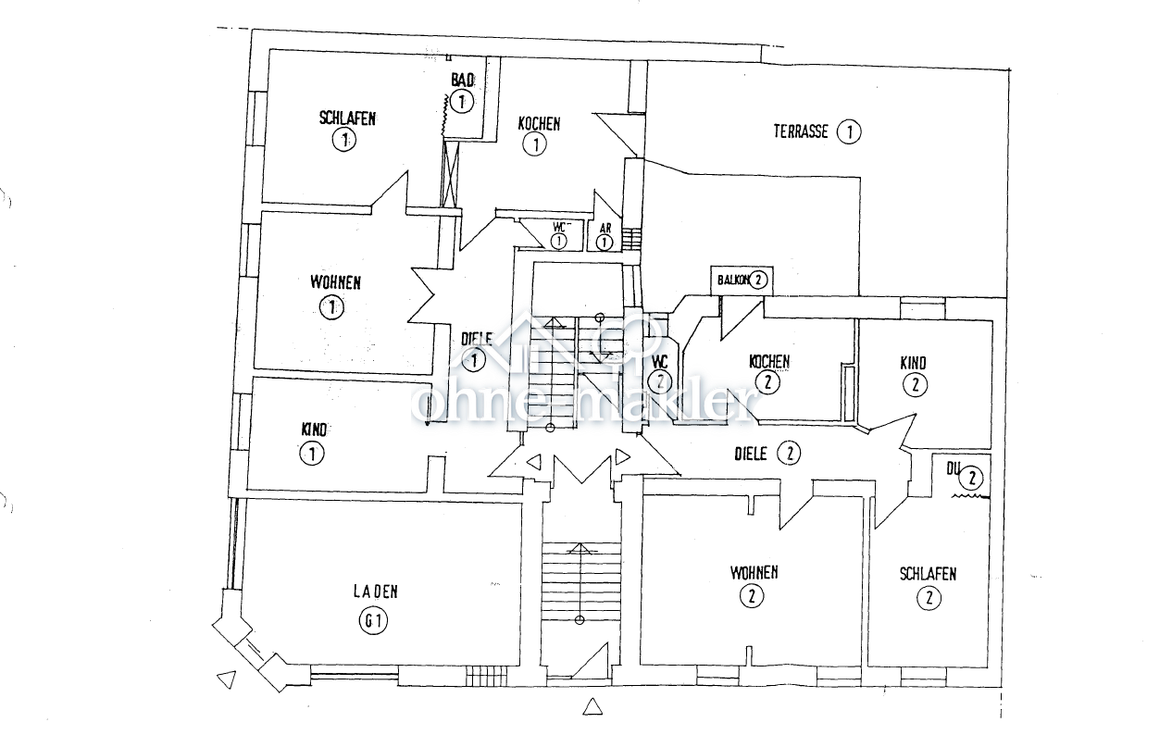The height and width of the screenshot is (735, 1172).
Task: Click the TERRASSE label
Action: pos(801,131)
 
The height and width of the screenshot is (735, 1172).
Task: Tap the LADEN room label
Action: pos(375,592)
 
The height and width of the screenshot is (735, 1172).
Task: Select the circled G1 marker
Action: pos(372,622)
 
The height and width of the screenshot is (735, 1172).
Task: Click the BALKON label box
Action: pos(740,280)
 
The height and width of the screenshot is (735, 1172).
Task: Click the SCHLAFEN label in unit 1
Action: pos(347,118)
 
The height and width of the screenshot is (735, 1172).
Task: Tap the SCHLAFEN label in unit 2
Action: pos(928,574)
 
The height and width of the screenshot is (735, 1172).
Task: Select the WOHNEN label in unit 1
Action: pos(335,282)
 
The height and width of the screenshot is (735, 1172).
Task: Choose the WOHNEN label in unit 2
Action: pos(754,572)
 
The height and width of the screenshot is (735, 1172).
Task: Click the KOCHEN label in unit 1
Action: pos(539,123)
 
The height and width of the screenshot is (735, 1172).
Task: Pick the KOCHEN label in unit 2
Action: pos(769,361)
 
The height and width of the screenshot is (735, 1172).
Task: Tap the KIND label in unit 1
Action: pos(315,430)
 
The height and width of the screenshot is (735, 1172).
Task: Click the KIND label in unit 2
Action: pos(913,363)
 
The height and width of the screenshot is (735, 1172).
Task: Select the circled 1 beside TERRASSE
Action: pos(848,131)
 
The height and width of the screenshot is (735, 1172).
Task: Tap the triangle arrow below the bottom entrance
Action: pos(593,708)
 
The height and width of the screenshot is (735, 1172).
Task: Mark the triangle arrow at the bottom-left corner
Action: pos(223,680)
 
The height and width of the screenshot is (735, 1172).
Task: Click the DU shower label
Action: pos(952,468)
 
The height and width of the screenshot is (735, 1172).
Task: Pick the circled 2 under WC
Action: pos(659,380)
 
